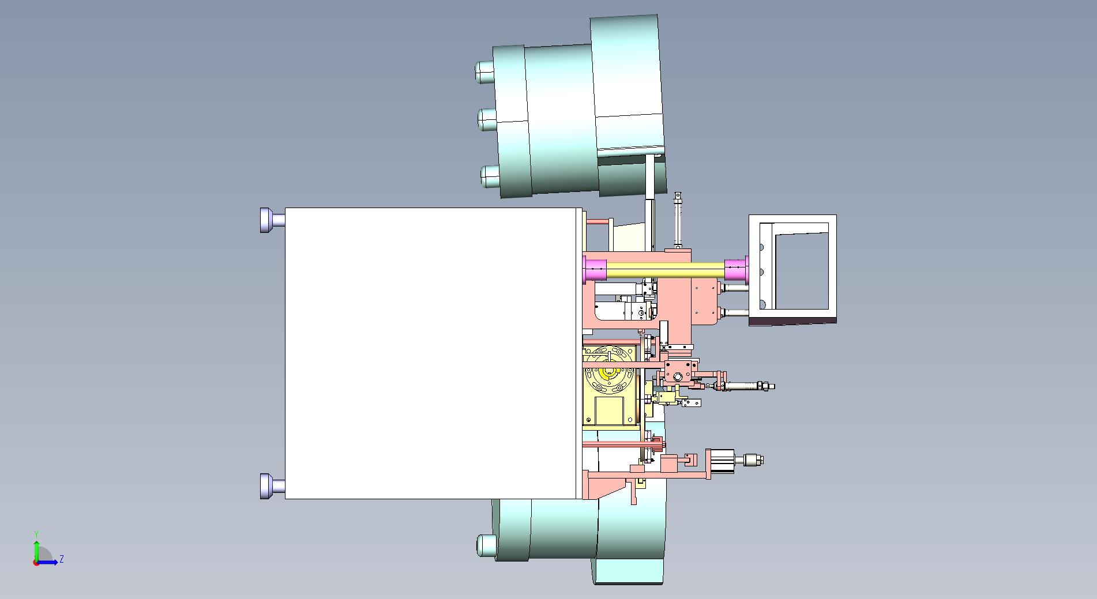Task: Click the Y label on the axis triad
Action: pos(36,534)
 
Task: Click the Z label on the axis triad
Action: pos(62,559)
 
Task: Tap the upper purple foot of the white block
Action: pos(272,220)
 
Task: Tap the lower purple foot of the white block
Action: pos(272,486)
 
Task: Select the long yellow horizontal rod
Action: pos(666,270)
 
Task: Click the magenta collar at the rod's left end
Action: pos(595,270)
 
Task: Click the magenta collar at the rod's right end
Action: pos(737,270)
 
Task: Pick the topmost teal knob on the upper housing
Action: pos(484,71)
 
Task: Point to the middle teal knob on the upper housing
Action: pos(487,119)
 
